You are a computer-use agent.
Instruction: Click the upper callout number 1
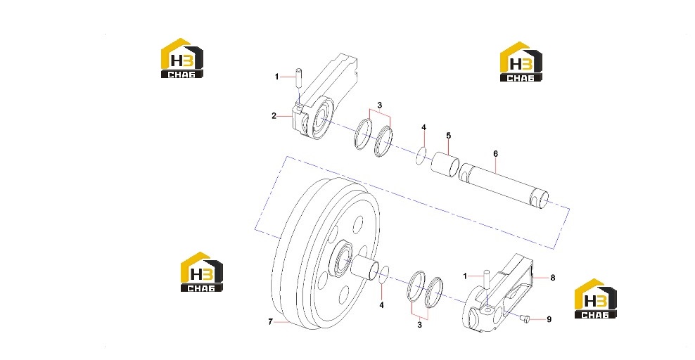[277, 77]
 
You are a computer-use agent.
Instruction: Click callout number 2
[274, 116]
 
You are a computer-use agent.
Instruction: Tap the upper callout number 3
[379, 105]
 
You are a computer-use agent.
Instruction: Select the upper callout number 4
[423, 127]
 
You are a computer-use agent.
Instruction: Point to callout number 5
[449, 136]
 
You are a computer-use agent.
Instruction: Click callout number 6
[495, 154]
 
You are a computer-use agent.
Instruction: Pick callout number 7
[270, 322]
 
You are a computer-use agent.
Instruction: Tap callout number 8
[553, 278]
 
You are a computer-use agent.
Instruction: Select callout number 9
[549, 319]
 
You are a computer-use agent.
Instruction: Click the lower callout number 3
[419, 325]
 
